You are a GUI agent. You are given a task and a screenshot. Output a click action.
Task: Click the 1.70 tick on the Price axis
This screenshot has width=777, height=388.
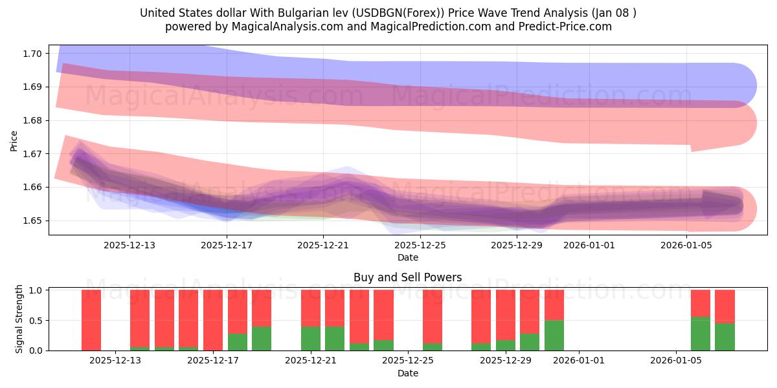click(33, 53)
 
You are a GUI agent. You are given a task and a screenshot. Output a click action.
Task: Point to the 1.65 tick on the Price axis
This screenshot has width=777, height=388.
click(33, 221)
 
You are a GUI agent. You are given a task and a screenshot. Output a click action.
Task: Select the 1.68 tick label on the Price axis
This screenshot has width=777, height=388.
click(33, 120)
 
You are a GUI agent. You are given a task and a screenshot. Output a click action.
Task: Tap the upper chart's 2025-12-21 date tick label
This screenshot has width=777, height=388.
click(323, 246)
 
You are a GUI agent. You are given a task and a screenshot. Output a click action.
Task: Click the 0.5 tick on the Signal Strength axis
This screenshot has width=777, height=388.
click(36, 320)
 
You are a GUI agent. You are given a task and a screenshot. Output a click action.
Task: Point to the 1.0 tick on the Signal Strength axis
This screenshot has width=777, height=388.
click(36, 290)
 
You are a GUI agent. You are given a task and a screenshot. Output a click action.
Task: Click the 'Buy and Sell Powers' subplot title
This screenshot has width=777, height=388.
click(407, 277)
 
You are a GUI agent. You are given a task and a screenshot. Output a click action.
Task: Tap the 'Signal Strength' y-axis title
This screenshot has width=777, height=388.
click(19, 318)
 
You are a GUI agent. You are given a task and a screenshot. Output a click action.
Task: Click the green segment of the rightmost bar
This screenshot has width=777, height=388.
click(725, 336)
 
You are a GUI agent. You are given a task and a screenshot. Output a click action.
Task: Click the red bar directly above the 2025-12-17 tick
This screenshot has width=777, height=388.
click(213, 319)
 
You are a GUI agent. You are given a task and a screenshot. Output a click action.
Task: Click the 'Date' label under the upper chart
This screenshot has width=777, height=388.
click(407, 257)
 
